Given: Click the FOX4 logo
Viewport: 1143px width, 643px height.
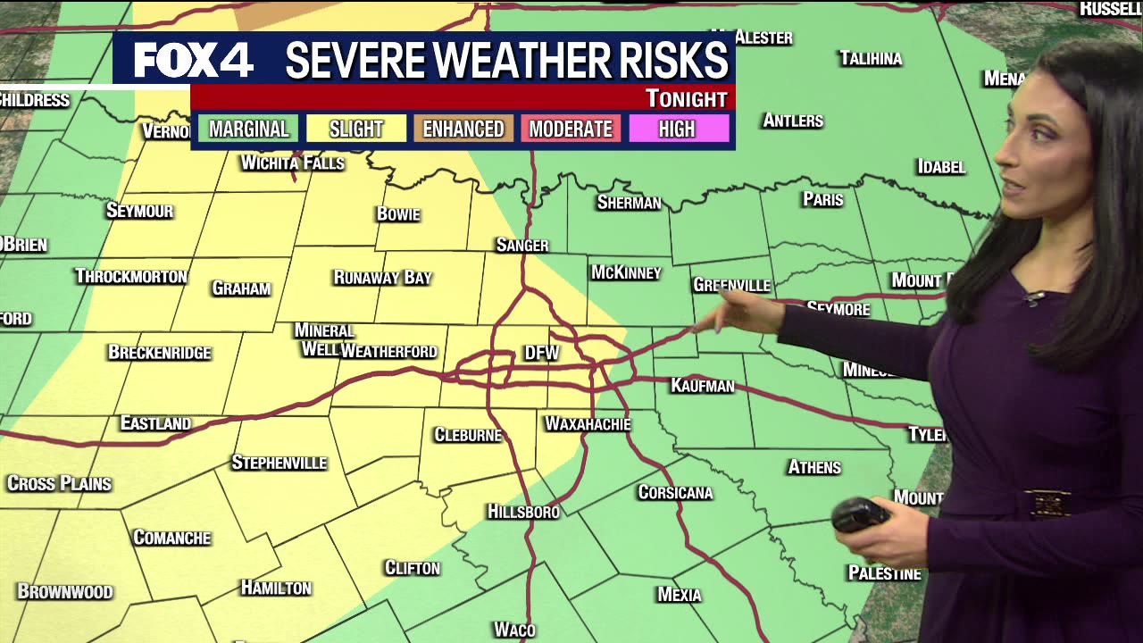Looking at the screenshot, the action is pyautogui.click(x=194, y=60).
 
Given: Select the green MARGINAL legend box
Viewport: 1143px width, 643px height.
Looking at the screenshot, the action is pyautogui.click(x=248, y=129).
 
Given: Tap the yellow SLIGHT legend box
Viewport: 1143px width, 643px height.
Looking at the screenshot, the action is pyautogui.click(x=355, y=129).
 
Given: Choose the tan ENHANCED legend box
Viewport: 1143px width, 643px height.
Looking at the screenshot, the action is pyautogui.click(x=463, y=129).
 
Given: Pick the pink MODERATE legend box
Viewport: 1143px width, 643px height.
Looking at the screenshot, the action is pyautogui.click(x=571, y=129).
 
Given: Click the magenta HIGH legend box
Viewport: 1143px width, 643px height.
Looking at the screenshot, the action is pyautogui.click(x=677, y=129).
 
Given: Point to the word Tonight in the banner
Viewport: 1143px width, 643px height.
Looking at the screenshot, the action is pyautogui.click(x=686, y=98).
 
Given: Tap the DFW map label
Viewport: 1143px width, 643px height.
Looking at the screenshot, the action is pyautogui.click(x=541, y=354).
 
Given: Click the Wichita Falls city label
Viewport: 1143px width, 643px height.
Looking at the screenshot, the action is pyautogui.click(x=292, y=163).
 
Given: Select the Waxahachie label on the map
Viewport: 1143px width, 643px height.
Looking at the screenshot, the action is pyautogui.click(x=588, y=423).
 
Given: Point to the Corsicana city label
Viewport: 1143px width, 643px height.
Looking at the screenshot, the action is pyautogui.click(x=675, y=492).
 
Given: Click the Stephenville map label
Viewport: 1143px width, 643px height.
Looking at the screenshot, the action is pyautogui.click(x=279, y=463).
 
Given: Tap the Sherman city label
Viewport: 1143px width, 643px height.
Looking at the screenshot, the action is pyautogui.click(x=629, y=203).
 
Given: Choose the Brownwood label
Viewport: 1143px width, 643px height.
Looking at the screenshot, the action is pyautogui.click(x=65, y=591).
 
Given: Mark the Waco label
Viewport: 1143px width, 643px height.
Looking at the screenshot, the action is pyautogui.click(x=514, y=630).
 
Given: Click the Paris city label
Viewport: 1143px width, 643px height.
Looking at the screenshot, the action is pyautogui.click(x=822, y=199).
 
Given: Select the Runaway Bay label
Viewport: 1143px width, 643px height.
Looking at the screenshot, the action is pyautogui.click(x=382, y=278).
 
